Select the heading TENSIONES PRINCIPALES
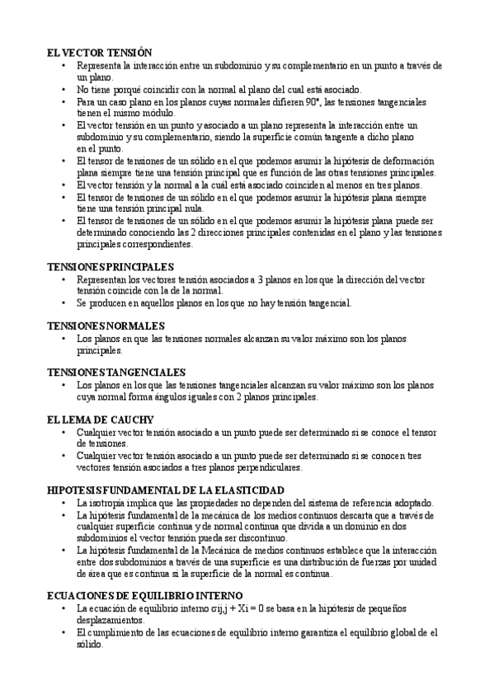111,267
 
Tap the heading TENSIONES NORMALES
106,326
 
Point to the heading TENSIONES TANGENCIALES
116,373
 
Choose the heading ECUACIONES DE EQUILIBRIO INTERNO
144,595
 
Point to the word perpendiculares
261,467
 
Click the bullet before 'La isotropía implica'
64,502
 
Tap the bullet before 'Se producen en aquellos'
64,303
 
